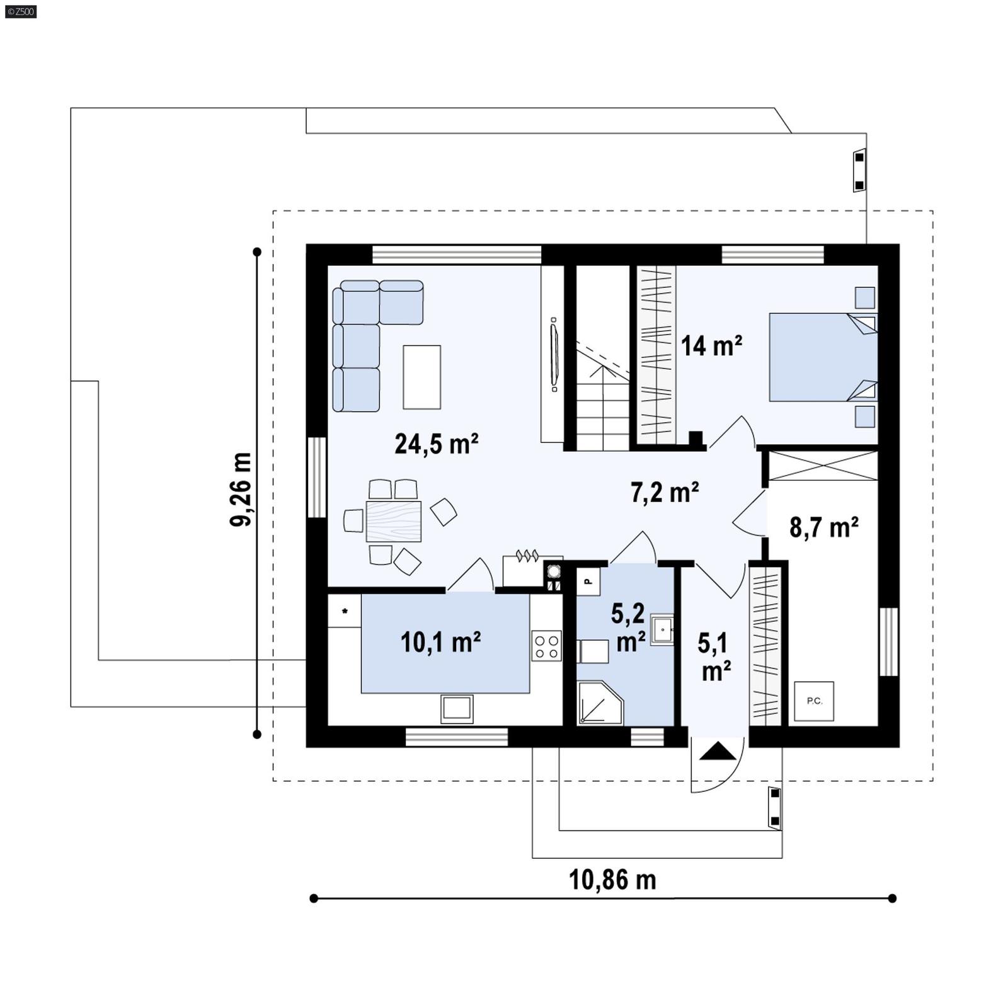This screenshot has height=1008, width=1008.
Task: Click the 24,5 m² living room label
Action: (x=436, y=444)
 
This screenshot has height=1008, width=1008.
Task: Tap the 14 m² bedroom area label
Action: (x=711, y=346)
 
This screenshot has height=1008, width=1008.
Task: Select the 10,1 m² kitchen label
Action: (x=440, y=642)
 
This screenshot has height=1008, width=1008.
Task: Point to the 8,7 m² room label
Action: (x=823, y=527)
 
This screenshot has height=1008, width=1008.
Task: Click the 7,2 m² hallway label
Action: (x=665, y=492)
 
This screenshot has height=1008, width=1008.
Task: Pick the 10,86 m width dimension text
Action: (x=612, y=879)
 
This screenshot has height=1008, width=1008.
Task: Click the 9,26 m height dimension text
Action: (x=241, y=489)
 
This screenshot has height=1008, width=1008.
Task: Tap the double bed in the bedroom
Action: (x=822, y=357)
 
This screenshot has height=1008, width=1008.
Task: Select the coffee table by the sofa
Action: (x=421, y=377)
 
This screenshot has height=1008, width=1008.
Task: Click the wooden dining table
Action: (x=393, y=521)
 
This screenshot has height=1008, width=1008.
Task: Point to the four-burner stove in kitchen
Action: (x=546, y=646)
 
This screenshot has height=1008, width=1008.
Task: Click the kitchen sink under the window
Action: (x=457, y=708)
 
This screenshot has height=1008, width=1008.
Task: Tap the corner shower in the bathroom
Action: (x=598, y=703)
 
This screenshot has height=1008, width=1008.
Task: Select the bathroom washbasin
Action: (x=661, y=629)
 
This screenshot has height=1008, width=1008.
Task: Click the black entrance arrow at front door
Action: (x=718, y=752)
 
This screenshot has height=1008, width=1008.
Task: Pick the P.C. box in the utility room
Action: (x=814, y=701)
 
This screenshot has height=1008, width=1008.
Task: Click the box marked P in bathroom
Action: (x=588, y=581)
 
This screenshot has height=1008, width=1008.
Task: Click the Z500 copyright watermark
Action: (x=20, y=11)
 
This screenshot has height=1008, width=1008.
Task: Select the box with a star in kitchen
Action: (x=345, y=611)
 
